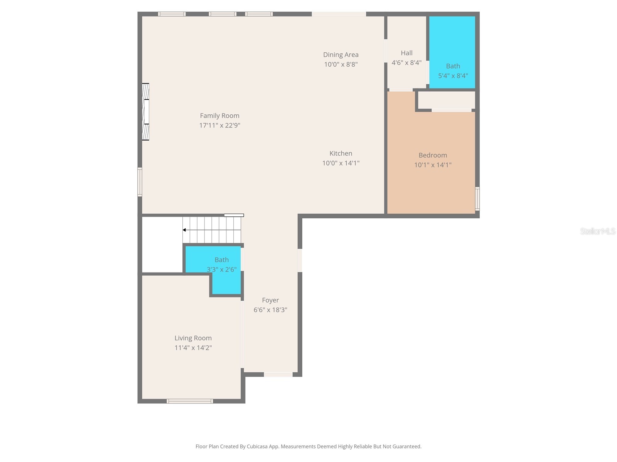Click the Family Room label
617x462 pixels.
pos(219,115)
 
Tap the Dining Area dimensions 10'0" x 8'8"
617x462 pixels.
pos(341,64)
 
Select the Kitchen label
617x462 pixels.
pos(341,153)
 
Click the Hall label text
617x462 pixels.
pos(406,53)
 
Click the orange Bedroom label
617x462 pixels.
pos(433,155)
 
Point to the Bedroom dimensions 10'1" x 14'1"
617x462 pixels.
pos(433,165)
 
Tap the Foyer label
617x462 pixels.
pos(270,300)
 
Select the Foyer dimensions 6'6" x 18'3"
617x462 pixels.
pos(270,310)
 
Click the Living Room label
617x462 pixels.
pos(193,338)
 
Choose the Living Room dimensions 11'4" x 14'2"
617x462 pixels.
pos(193,348)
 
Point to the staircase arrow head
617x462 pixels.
pos(184,230)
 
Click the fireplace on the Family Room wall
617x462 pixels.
pos(145,112)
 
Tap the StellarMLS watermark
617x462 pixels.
pos(597,231)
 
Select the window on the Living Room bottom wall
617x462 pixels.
pos(190,401)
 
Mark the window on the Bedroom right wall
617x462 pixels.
pos(477,199)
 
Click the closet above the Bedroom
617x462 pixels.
pos(446,100)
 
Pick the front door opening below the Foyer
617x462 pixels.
pos(278,374)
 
